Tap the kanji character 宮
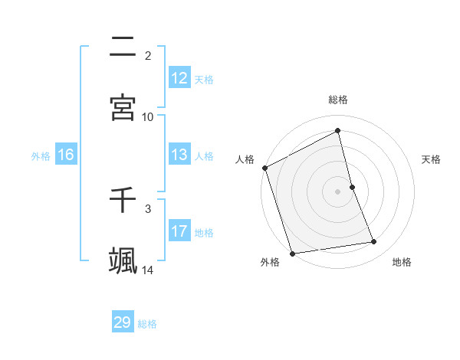coord(123,107)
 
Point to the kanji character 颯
coord(123,260)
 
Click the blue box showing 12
coord(179,78)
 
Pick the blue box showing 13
coord(179,155)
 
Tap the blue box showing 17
coord(179,231)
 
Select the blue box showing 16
coord(66,155)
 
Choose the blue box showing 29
coord(123,322)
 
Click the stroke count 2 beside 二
coord(148,55)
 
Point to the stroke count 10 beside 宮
coord(148,116)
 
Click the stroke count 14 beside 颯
coord(148,270)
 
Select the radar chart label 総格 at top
coord(338,100)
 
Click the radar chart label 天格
coord(432,159)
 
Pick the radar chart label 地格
coord(402,263)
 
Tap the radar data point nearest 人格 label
coord(264,168)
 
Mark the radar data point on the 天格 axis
coord(352,187)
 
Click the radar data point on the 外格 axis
coord(292,253)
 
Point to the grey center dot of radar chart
coord(338,191)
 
